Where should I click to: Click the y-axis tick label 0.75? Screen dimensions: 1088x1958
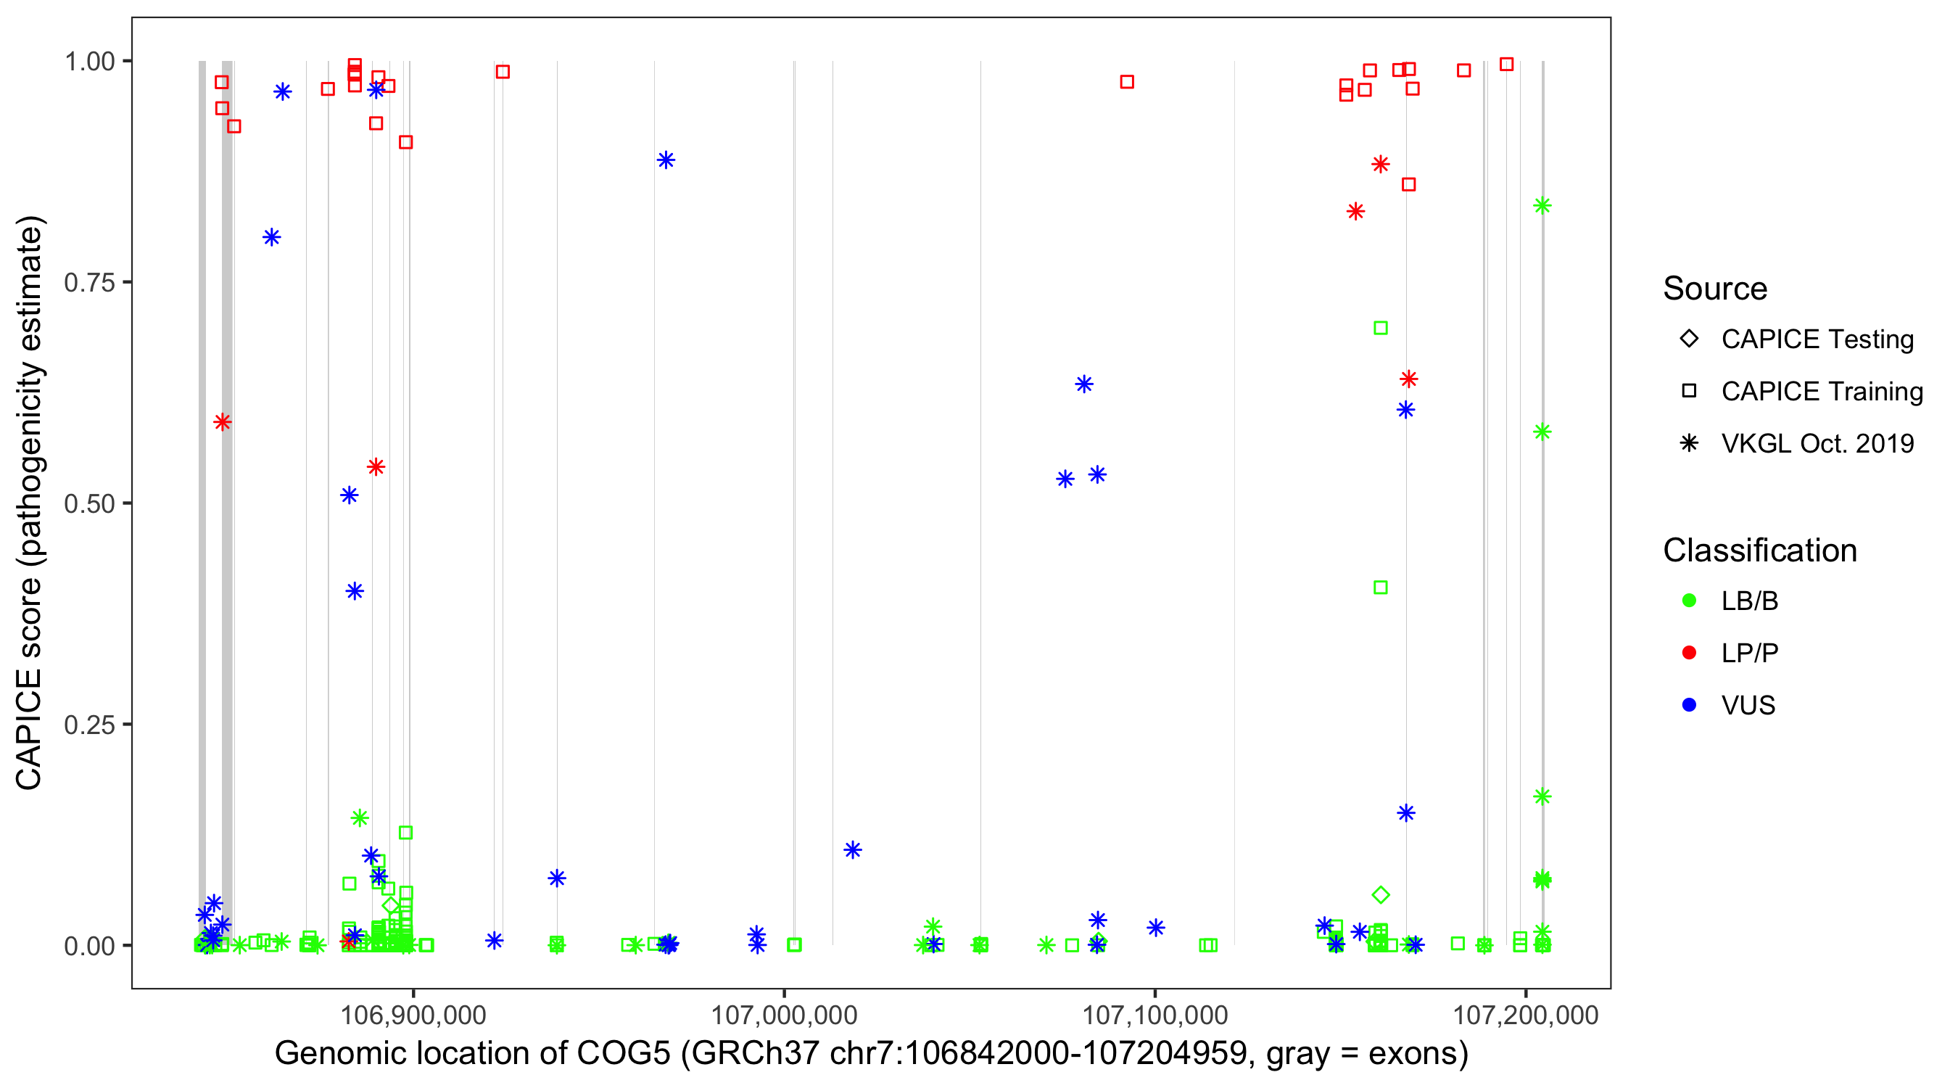[x=88, y=283]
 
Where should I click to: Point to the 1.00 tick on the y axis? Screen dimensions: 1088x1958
[x=88, y=62]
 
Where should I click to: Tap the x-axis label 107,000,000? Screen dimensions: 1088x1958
[x=784, y=1015]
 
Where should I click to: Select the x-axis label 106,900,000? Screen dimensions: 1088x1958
[x=413, y=1015]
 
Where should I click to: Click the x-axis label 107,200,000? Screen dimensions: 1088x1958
[x=1526, y=1015]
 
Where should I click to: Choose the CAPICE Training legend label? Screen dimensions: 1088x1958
[x=1822, y=392]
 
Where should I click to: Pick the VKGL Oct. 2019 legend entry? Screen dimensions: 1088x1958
[x=1817, y=444]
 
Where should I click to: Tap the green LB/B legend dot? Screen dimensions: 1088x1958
[x=1689, y=601]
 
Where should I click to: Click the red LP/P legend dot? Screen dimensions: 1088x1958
[x=1689, y=653]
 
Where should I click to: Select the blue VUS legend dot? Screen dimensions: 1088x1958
[x=1689, y=706]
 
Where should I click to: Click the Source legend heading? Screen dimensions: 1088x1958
[x=1715, y=289]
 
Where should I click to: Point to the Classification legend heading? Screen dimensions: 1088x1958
[x=1759, y=551]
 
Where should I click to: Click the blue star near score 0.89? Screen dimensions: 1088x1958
[x=666, y=160]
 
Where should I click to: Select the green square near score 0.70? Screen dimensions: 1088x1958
[x=1380, y=329]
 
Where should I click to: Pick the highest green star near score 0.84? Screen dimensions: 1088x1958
[x=1542, y=206]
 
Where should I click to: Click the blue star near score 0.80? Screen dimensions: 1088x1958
[x=271, y=238]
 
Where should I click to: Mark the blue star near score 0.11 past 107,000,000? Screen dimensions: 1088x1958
[x=853, y=850]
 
